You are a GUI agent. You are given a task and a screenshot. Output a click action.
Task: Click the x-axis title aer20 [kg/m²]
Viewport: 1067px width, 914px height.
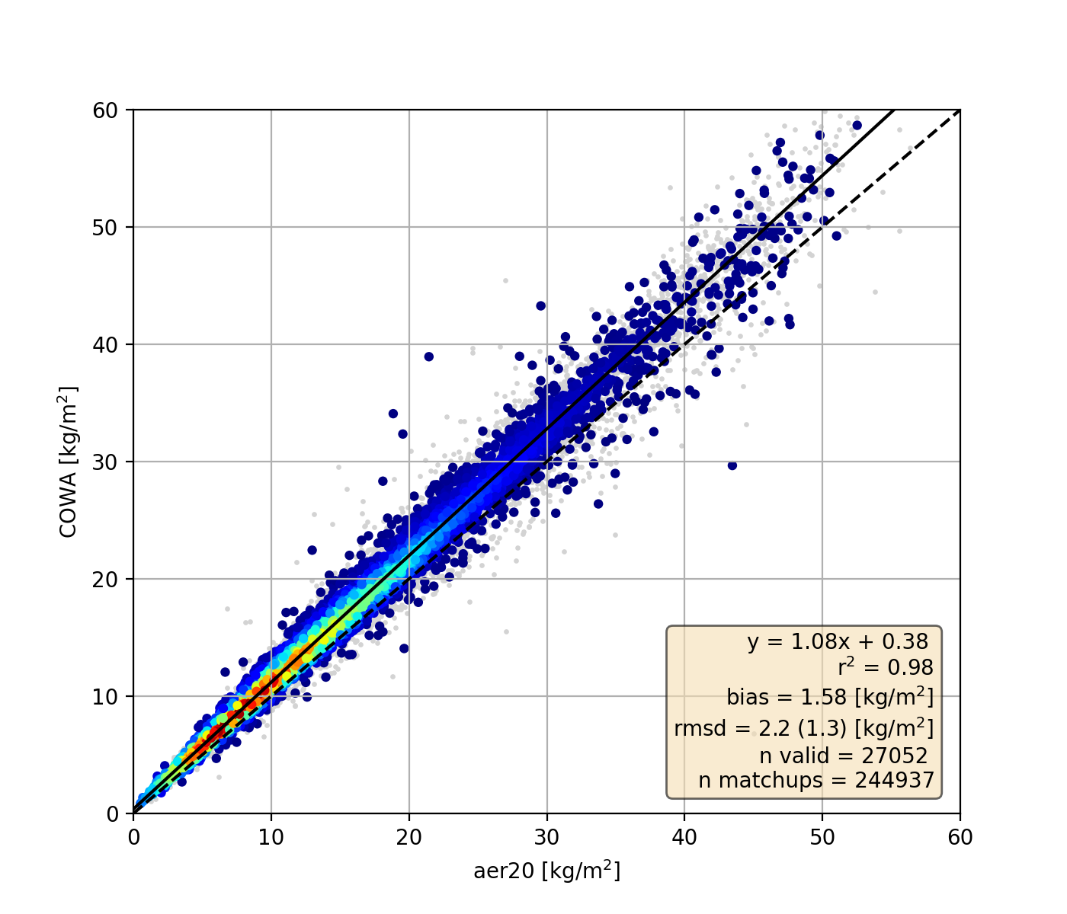546,871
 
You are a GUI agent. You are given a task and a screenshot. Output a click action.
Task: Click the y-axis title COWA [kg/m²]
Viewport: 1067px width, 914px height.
69,462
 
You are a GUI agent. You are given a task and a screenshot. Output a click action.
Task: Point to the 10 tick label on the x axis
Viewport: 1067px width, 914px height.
271,837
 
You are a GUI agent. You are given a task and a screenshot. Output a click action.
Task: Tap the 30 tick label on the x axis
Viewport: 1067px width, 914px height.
546,837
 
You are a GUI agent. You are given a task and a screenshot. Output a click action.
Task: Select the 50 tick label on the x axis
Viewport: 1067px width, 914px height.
822,837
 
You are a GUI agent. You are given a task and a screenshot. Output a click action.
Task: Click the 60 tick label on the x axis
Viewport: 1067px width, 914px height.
960,837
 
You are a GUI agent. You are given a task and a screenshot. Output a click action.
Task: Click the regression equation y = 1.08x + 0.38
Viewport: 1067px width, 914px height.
838,642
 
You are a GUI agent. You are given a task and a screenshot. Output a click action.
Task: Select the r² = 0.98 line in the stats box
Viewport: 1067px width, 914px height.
886,668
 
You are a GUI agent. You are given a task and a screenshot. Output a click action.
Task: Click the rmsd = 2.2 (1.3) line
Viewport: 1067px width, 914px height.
804,728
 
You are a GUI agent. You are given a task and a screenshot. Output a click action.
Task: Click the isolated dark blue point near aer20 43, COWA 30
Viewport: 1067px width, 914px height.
732,465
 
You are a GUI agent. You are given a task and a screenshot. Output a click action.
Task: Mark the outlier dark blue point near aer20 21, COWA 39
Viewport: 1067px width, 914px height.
429,356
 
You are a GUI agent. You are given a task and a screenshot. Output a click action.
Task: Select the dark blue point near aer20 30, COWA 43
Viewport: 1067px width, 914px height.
541,305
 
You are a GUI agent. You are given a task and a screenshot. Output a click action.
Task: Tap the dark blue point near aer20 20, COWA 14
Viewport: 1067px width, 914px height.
404,648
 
